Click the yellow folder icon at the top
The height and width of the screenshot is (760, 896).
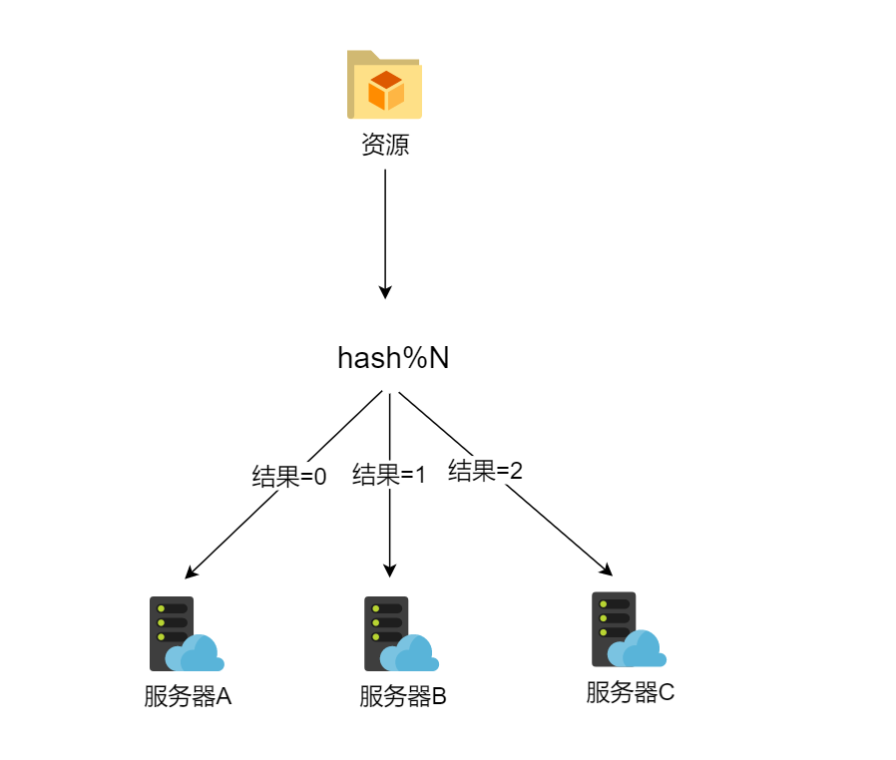(x=384, y=85)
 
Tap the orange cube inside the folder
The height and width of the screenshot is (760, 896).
(x=385, y=91)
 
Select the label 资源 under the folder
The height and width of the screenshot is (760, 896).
(x=385, y=146)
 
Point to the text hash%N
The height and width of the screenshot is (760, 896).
(x=393, y=358)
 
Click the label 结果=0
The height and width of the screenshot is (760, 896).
(x=289, y=477)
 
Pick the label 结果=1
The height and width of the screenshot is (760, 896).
(x=389, y=475)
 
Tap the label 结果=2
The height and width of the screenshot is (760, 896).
(x=486, y=471)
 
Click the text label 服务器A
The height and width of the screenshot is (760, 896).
(x=188, y=696)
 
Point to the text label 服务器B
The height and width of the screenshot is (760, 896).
(x=403, y=696)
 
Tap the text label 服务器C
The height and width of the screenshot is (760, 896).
(x=631, y=692)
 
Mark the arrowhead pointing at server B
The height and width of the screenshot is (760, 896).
(x=389, y=571)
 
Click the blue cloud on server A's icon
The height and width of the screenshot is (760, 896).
(x=197, y=654)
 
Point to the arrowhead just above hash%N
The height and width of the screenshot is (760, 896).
(x=385, y=292)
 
